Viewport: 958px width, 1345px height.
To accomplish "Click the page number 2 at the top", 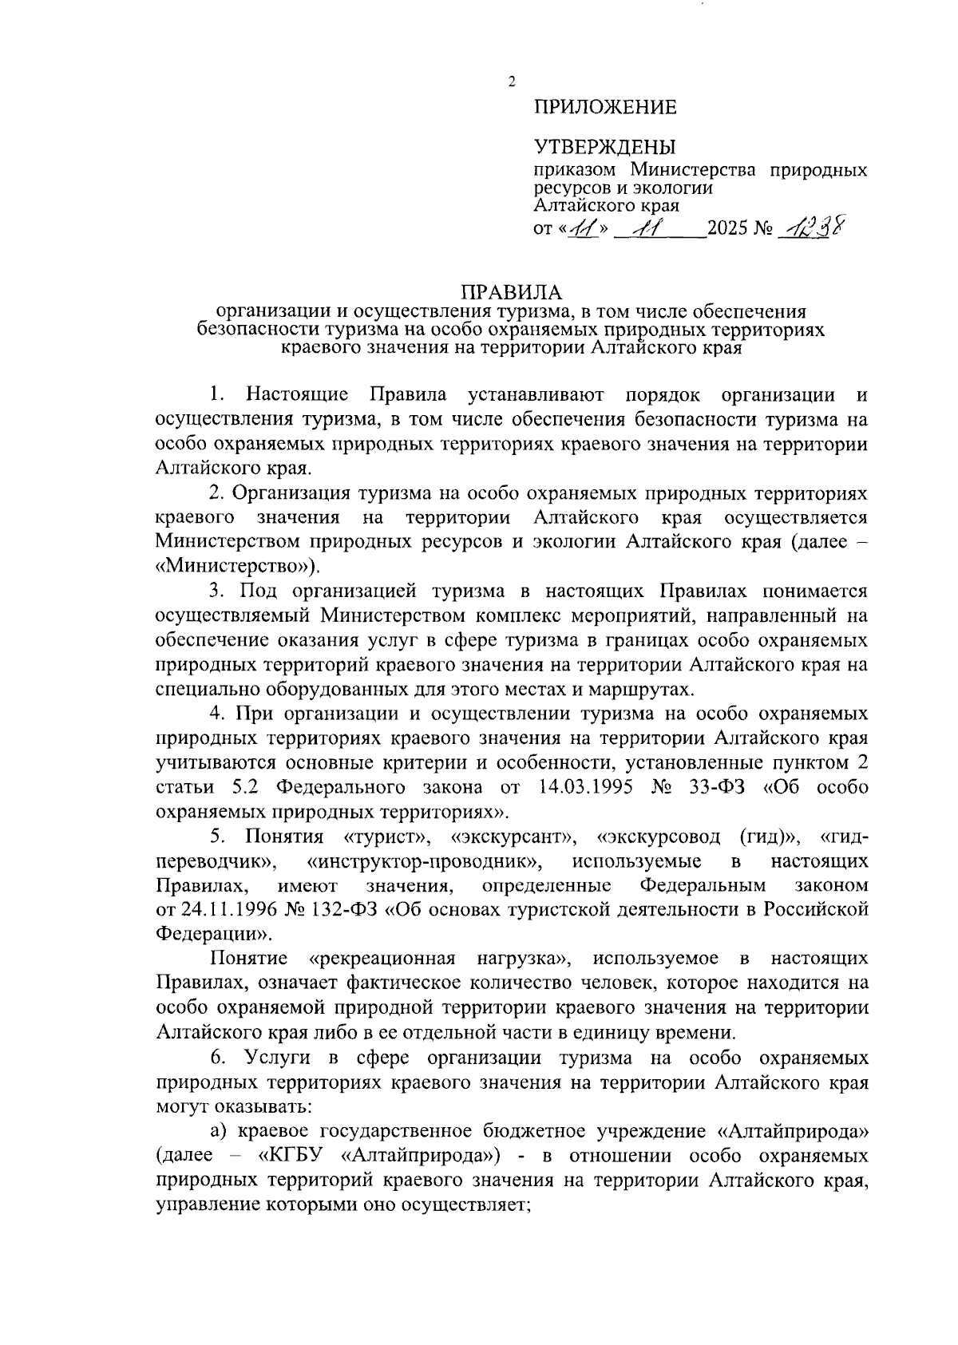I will pos(512,81).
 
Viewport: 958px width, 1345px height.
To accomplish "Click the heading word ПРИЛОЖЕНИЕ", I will pos(604,107).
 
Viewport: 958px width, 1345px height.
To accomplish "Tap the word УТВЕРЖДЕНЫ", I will pos(604,147).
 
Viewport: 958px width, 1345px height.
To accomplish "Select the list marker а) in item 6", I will pos(219,1131).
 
